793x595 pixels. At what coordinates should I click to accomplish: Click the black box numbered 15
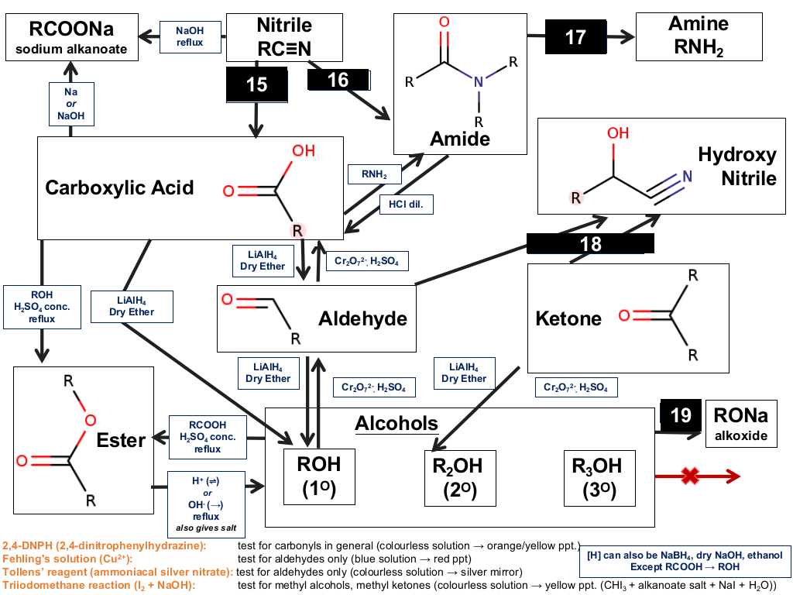(257, 84)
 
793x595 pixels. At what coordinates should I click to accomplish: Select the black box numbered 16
(338, 80)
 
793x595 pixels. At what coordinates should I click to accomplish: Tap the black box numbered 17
(575, 37)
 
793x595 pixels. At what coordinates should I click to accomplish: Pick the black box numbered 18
(590, 243)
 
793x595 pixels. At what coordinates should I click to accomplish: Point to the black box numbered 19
(681, 415)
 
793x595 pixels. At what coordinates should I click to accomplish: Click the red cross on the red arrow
(690, 476)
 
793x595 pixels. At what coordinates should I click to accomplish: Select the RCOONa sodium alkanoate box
(72, 37)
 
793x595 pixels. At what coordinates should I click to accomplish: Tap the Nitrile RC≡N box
(284, 37)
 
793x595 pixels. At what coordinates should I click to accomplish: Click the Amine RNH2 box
(699, 37)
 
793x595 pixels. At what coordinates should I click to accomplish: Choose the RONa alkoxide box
(741, 424)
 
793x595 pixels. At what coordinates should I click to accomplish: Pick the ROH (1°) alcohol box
(319, 476)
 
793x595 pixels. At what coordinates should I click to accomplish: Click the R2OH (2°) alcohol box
(460, 478)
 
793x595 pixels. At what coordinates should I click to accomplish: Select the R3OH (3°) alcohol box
(599, 478)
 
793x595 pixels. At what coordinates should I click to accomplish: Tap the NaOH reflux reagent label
(191, 37)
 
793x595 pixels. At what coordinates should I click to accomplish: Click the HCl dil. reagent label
(406, 205)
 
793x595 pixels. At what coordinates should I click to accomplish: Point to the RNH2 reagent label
(374, 174)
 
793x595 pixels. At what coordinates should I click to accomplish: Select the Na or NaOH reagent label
(71, 104)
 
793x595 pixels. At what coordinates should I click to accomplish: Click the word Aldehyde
(362, 318)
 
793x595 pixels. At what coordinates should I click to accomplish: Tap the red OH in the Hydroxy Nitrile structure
(618, 133)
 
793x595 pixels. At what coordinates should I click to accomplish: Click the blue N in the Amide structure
(478, 82)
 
